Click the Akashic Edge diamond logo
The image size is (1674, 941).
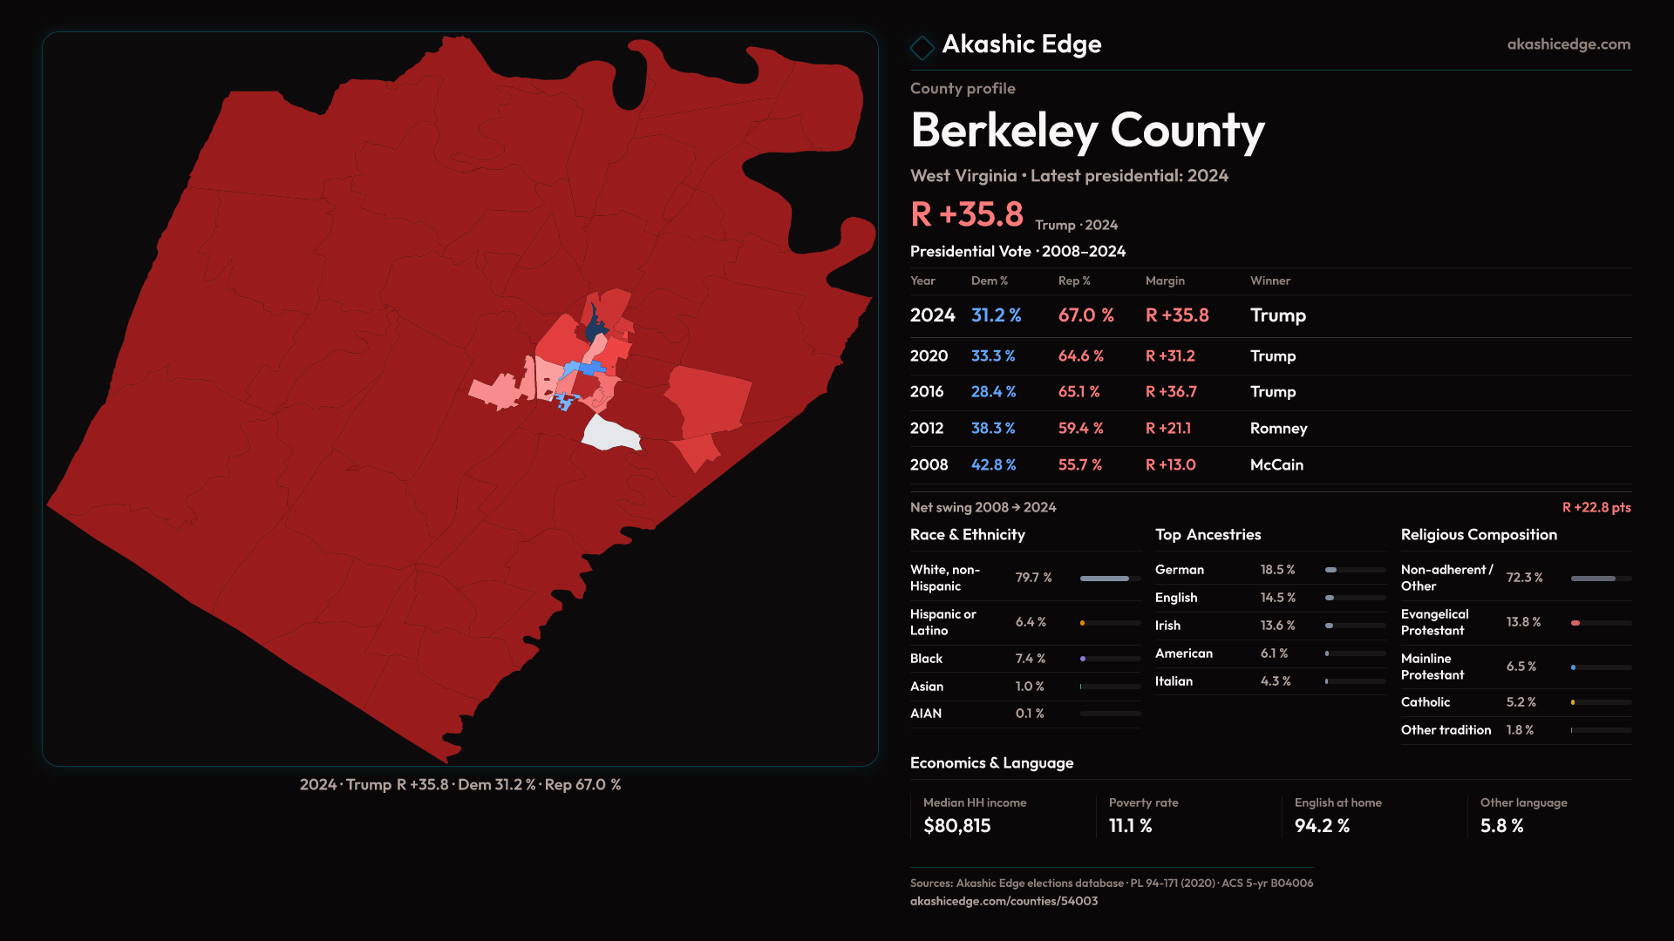point(922,47)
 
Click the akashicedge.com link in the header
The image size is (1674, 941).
point(1568,44)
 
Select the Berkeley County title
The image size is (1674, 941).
point(1086,131)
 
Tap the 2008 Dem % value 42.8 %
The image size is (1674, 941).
point(993,465)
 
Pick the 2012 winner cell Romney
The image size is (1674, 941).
point(1278,429)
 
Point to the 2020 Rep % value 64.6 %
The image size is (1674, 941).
point(1080,356)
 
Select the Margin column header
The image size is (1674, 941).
point(1165,281)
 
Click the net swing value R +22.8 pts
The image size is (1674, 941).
point(1596,507)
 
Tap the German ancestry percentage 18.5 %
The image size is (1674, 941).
point(1277,570)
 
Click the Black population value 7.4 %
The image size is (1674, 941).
point(1030,659)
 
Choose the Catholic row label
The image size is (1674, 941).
point(1425,702)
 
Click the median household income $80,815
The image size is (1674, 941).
point(956,826)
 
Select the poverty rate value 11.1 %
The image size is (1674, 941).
point(1130,826)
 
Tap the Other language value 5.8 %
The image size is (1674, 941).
point(1501,826)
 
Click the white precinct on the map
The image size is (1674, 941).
point(609,433)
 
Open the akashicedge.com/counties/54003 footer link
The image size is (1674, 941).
point(1004,901)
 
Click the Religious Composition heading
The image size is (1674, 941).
point(1479,535)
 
